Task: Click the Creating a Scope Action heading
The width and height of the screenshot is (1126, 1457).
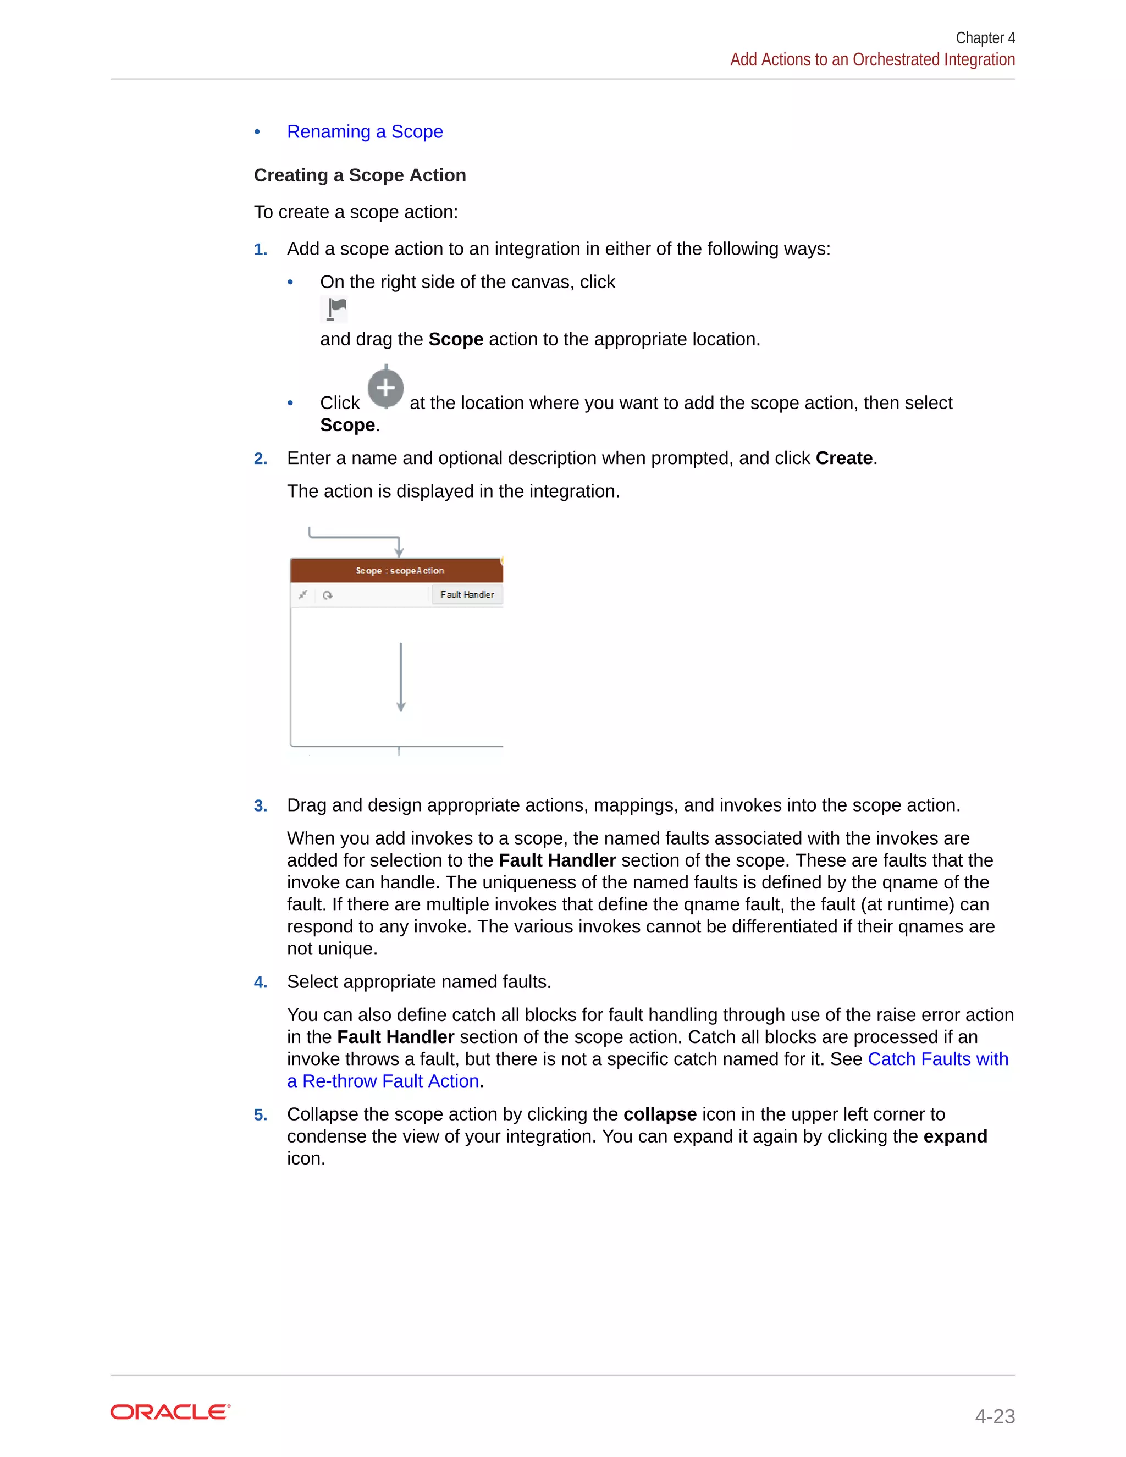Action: pos(360,175)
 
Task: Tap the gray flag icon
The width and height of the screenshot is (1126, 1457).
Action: pos(334,309)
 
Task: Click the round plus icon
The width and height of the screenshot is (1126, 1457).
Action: pos(385,388)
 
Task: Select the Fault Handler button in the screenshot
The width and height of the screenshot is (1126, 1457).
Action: pos(467,594)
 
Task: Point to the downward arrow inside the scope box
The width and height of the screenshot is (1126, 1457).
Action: pos(400,677)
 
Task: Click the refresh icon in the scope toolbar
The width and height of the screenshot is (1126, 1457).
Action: pos(328,595)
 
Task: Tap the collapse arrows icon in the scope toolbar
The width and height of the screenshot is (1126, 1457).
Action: pos(303,594)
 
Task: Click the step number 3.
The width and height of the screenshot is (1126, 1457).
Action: pos(260,806)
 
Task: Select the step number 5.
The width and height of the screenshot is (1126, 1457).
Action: pos(260,1115)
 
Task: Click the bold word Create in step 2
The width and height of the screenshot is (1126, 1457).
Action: pos(844,459)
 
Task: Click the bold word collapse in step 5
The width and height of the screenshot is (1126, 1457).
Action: pos(659,1114)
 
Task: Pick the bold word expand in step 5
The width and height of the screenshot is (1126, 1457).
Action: pos(954,1136)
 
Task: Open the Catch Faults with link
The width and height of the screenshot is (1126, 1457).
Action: pos(937,1059)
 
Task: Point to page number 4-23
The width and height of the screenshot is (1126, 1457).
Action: pos(994,1416)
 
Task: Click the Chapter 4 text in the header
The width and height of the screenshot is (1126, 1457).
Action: pos(985,38)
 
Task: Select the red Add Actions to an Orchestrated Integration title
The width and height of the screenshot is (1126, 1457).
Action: pos(872,60)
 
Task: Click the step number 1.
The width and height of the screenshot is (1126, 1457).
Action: pos(260,250)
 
